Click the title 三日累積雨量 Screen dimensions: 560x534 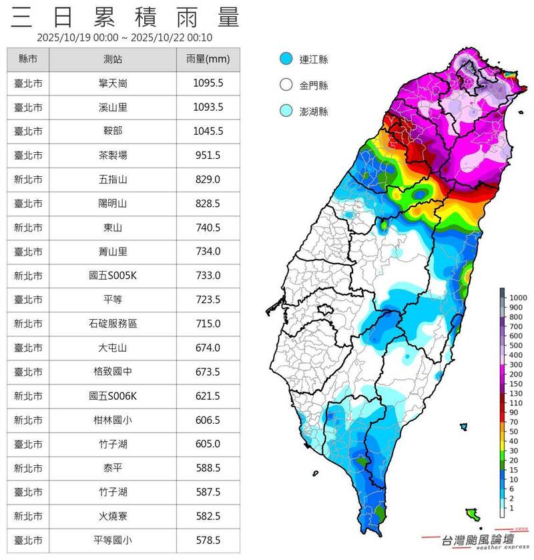pyautogui.click(x=125, y=17)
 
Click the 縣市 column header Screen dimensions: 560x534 pyautogui.click(x=27, y=59)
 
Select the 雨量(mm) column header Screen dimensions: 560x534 pyautogui.click(x=207, y=59)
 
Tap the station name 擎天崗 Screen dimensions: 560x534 pyautogui.click(x=113, y=83)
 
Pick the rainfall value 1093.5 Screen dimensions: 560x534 pyautogui.click(x=207, y=107)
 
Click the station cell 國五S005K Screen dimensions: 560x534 pyautogui.click(x=113, y=276)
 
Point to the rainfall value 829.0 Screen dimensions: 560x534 pyautogui.click(x=207, y=180)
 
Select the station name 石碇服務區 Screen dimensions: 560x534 pyautogui.click(x=113, y=324)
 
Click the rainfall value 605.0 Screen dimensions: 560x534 pyautogui.click(x=207, y=444)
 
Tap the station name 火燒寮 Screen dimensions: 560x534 pyautogui.click(x=113, y=516)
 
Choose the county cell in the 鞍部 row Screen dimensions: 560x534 pyautogui.click(x=27, y=131)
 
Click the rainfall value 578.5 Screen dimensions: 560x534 pyautogui.click(x=207, y=540)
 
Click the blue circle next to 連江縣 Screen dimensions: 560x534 pyautogui.click(x=286, y=59)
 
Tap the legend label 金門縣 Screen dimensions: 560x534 pyautogui.click(x=314, y=85)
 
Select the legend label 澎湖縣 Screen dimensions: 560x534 pyautogui.click(x=314, y=111)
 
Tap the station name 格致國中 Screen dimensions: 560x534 pyautogui.click(x=113, y=372)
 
